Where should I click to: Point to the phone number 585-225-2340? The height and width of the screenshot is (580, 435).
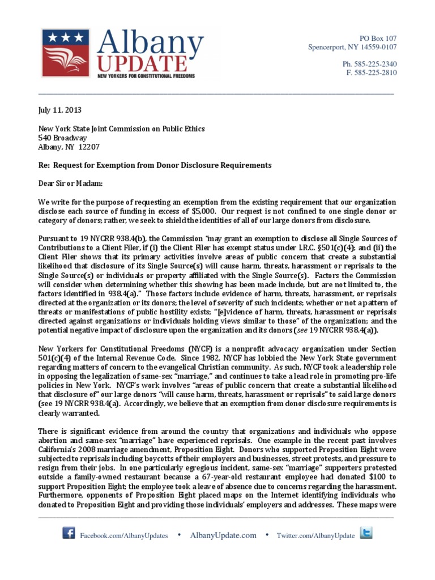tap(369, 64)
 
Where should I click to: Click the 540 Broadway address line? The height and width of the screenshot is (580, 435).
tap(62, 138)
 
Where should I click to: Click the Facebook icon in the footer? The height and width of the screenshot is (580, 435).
tap(69, 534)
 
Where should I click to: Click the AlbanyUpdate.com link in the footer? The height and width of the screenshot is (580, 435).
tap(223, 535)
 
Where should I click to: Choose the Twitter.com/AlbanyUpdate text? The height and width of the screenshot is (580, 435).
tap(315, 536)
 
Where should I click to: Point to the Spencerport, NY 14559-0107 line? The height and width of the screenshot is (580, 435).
tap(352, 47)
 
